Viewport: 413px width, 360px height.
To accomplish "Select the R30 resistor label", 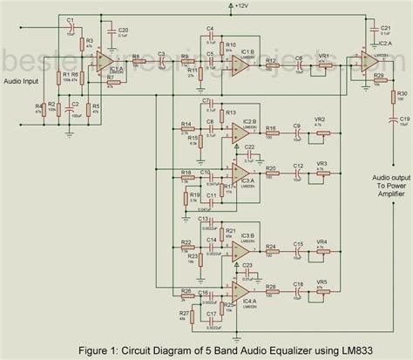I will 401,92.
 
